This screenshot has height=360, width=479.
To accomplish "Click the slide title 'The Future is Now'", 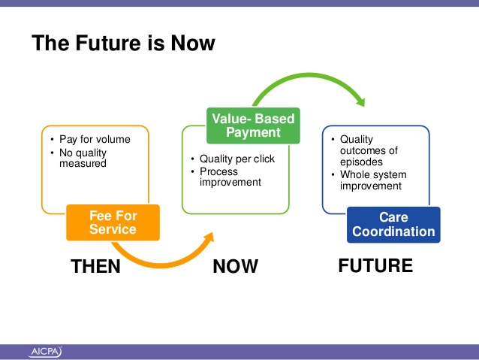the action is [123, 43].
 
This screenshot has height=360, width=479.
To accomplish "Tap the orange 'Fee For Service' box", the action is [113, 222].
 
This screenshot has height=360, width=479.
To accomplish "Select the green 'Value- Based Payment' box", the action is [253, 126].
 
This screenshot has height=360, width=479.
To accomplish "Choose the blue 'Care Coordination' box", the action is [393, 225].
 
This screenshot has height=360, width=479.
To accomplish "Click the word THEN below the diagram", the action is [95, 266].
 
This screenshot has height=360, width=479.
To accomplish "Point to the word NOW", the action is [236, 266].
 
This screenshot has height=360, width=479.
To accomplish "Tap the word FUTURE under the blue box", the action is [375, 265].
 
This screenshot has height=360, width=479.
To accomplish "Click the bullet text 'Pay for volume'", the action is [95, 139].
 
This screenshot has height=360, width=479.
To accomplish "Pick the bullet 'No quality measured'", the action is [83, 158].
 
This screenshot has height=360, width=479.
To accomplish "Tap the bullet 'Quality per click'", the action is [237, 159].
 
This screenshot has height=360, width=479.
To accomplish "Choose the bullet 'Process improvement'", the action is [230, 177].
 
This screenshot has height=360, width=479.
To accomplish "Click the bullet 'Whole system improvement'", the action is [373, 180].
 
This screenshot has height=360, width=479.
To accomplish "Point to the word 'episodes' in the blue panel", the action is [361, 162].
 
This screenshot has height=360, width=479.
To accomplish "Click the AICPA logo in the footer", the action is [45, 352].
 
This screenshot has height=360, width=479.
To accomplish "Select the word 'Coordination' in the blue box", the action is [393, 231].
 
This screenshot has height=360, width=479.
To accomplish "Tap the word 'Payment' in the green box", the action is [253, 132].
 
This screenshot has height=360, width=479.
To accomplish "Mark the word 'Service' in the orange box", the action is [113, 229].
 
